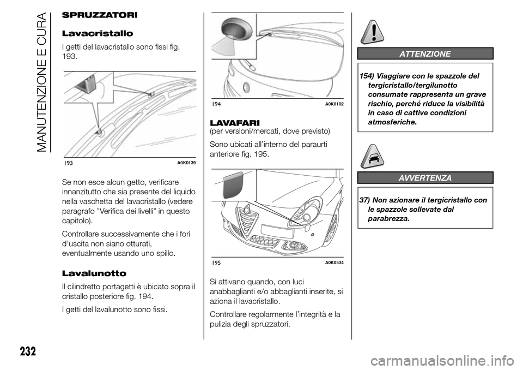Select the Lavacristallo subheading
coord(94,34)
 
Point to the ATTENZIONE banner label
coord(425,53)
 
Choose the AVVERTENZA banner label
coord(425,177)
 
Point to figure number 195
coord(217,263)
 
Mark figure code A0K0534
coord(334,263)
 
